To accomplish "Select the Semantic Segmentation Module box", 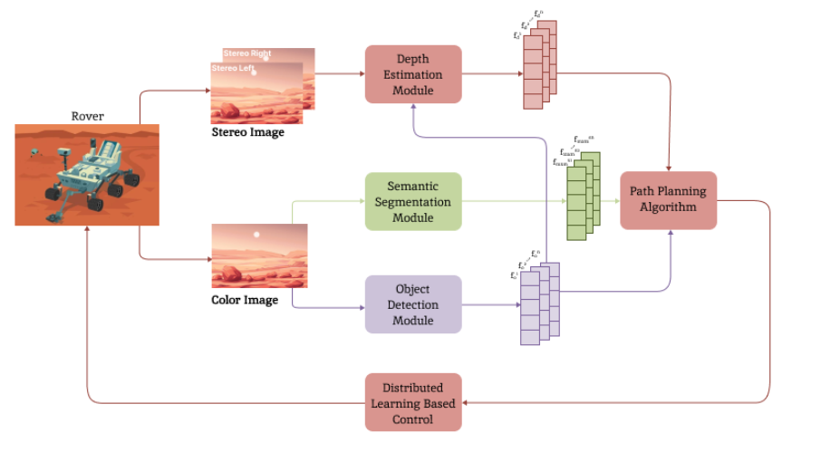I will coord(413,201).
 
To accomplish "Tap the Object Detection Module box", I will coord(413,304).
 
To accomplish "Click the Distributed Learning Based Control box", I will coord(413,402).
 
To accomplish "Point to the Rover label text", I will coord(87,116).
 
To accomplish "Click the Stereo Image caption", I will coord(247,132).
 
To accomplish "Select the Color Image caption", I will coord(245,300).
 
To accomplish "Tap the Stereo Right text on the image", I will coord(247,53).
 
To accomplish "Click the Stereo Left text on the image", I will coord(232,68).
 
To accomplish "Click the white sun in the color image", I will coord(256,235).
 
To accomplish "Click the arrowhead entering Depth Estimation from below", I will coord(413,104).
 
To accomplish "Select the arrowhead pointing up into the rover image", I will coord(87,229).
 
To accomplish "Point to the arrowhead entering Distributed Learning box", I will coord(466,402).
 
